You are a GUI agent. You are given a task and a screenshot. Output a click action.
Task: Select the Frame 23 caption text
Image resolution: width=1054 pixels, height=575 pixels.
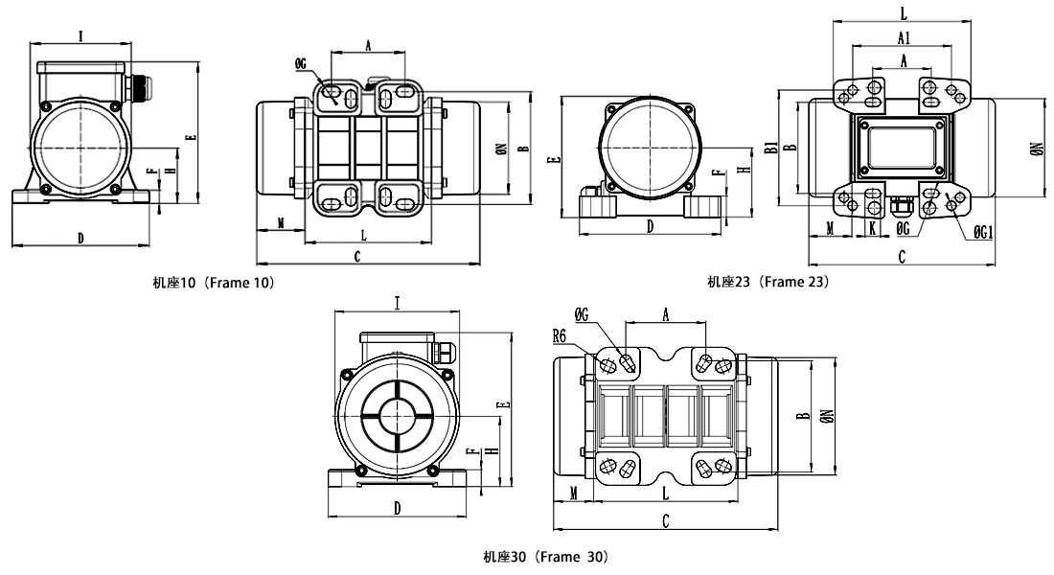tap(768, 282)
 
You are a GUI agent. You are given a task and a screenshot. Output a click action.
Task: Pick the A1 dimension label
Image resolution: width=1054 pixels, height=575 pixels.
tap(904, 37)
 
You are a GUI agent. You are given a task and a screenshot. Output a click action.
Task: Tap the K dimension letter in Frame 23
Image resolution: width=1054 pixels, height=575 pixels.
tap(872, 228)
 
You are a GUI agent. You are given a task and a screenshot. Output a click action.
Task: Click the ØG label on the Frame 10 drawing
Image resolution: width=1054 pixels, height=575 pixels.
tap(302, 63)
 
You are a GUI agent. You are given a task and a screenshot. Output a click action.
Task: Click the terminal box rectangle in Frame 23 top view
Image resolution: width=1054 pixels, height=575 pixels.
tap(902, 146)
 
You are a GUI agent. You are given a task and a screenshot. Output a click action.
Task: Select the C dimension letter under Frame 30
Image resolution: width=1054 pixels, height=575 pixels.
tap(665, 520)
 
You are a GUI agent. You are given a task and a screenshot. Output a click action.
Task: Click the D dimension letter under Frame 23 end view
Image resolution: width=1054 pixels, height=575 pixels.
tap(650, 227)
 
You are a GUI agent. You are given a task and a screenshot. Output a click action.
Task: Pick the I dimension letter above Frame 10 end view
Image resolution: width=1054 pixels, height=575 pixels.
tap(80, 36)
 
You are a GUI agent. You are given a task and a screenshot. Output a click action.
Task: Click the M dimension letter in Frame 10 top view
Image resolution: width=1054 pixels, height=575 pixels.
tap(280, 222)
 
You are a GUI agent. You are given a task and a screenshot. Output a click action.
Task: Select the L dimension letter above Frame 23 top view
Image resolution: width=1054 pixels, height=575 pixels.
tap(904, 12)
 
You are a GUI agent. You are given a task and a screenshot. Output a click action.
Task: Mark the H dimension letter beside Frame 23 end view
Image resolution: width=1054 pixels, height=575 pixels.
tap(745, 170)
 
